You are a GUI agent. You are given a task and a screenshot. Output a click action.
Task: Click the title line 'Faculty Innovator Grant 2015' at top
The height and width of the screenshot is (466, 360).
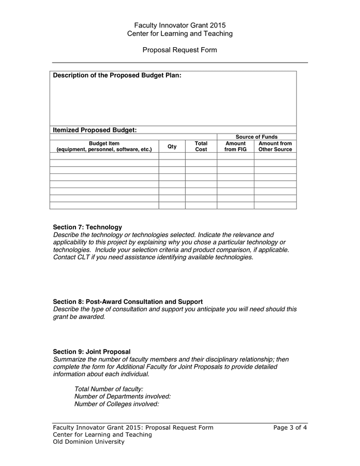click(x=179, y=25)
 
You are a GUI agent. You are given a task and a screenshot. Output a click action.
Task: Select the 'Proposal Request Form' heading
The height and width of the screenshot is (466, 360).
click(x=179, y=50)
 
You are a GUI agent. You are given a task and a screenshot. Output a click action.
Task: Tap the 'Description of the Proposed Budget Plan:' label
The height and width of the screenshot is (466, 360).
click(x=117, y=76)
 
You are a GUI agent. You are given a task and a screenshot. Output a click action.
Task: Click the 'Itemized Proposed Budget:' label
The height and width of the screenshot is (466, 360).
click(x=95, y=130)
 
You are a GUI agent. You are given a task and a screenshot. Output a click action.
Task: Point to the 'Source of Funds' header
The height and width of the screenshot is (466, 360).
click(x=257, y=137)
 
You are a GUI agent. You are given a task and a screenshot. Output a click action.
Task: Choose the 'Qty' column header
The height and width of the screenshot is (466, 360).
click(x=172, y=147)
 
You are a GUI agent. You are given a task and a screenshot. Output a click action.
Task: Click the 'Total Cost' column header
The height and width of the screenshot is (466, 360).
click(x=201, y=147)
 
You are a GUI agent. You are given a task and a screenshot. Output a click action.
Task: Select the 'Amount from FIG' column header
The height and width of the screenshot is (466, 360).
click(x=235, y=147)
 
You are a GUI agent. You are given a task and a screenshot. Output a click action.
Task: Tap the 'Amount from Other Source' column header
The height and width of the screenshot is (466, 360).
click(x=275, y=147)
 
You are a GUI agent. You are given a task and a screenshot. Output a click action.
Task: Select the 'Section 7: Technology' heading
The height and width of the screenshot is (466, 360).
click(x=87, y=227)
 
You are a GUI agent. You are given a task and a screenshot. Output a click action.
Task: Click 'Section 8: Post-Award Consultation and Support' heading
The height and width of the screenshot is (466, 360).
click(x=128, y=301)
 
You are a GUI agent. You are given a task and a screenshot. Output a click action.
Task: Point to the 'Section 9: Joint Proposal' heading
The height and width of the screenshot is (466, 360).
click(x=92, y=352)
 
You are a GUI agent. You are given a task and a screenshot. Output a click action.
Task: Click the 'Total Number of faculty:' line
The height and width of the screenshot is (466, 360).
click(x=109, y=389)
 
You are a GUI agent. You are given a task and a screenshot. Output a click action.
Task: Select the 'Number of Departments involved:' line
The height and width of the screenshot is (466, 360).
click(x=122, y=396)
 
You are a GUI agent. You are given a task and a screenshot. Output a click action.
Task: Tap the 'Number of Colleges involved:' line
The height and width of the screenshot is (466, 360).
click(x=116, y=404)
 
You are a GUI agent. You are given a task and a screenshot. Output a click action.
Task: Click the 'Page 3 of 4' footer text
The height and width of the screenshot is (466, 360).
click(x=290, y=428)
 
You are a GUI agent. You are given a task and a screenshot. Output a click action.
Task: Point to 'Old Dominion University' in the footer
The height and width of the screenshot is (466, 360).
click(x=88, y=442)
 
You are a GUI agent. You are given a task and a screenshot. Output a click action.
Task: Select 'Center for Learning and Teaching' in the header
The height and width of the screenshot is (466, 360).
click(x=179, y=34)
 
